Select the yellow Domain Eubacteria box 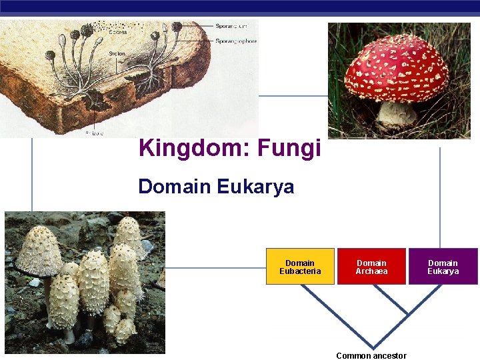click(300, 267)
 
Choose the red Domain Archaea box click(371, 267)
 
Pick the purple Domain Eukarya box click(443, 267)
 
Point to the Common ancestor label click(371, 355)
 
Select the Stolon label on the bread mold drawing click(117, 53)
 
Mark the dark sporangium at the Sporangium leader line click(177, 27)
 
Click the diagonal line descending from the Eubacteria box click(333, 313)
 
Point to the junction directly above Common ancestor click(371, 341)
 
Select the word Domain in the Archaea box click(371, 263)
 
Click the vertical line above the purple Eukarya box click(440, 200)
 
